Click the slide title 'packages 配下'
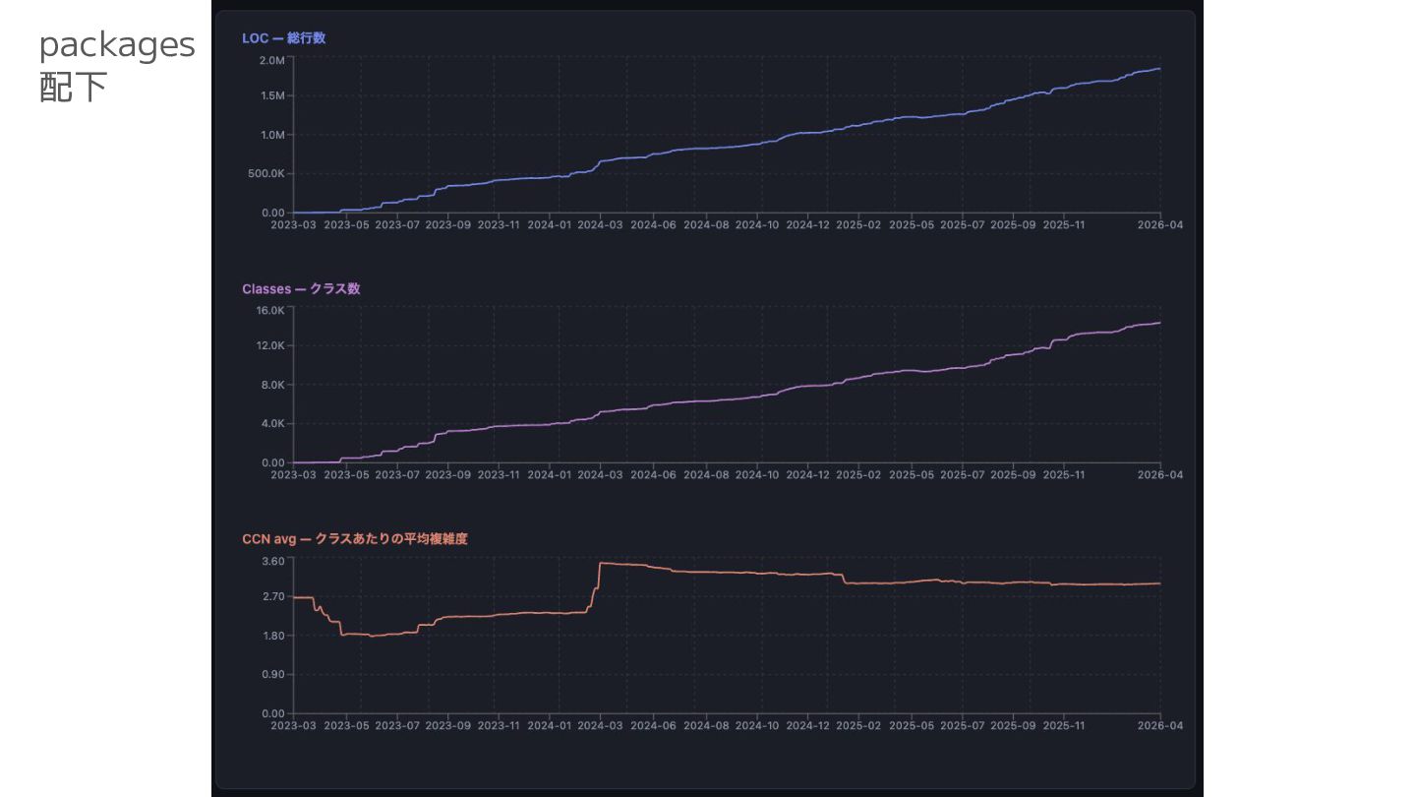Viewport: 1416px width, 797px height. [116, 65]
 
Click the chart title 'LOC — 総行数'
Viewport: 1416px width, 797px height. [283, 38]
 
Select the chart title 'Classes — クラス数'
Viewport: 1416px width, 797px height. [301, 289]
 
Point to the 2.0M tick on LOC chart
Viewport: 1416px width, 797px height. [271, 60]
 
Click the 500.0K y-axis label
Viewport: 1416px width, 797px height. [265, 174]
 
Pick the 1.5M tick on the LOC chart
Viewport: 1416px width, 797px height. [271, 96]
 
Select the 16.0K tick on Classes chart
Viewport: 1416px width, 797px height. [269, 310]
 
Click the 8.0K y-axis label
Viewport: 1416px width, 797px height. [271, 385]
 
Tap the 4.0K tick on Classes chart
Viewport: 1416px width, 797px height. [271, 424]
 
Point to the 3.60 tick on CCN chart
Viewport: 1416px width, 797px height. [272, 561]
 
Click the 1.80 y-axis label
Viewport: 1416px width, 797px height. [272, 636]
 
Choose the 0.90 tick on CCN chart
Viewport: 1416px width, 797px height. [272, 675]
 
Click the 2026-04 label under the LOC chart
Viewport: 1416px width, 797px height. [1160, 225]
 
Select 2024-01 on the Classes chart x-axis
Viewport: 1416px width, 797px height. [549, 475]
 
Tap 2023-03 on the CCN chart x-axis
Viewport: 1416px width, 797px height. [293, 726]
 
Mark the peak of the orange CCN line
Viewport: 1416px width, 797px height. [601, 563]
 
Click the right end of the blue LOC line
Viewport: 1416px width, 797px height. [1160, 69]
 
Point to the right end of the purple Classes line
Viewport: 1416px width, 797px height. [1160, 323]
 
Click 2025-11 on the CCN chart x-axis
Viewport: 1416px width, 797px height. [1063, 726]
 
